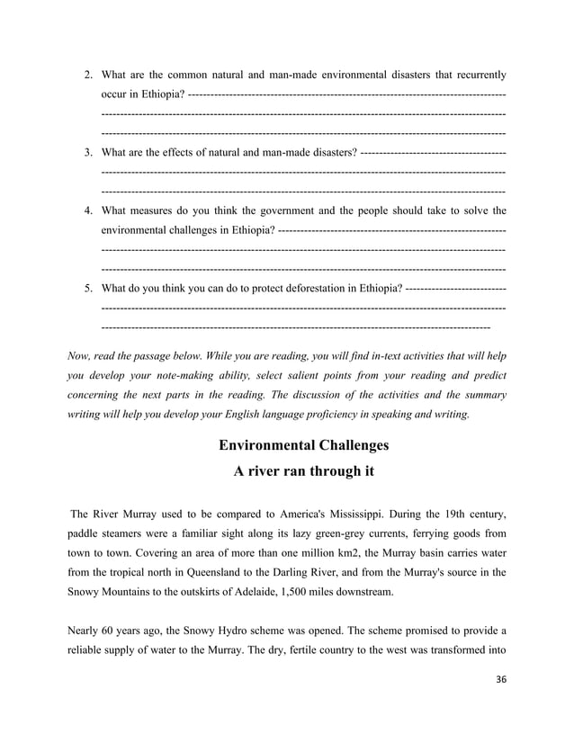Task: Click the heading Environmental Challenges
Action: click(x=304, y=446)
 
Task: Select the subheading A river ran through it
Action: click(x=304, y=471)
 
